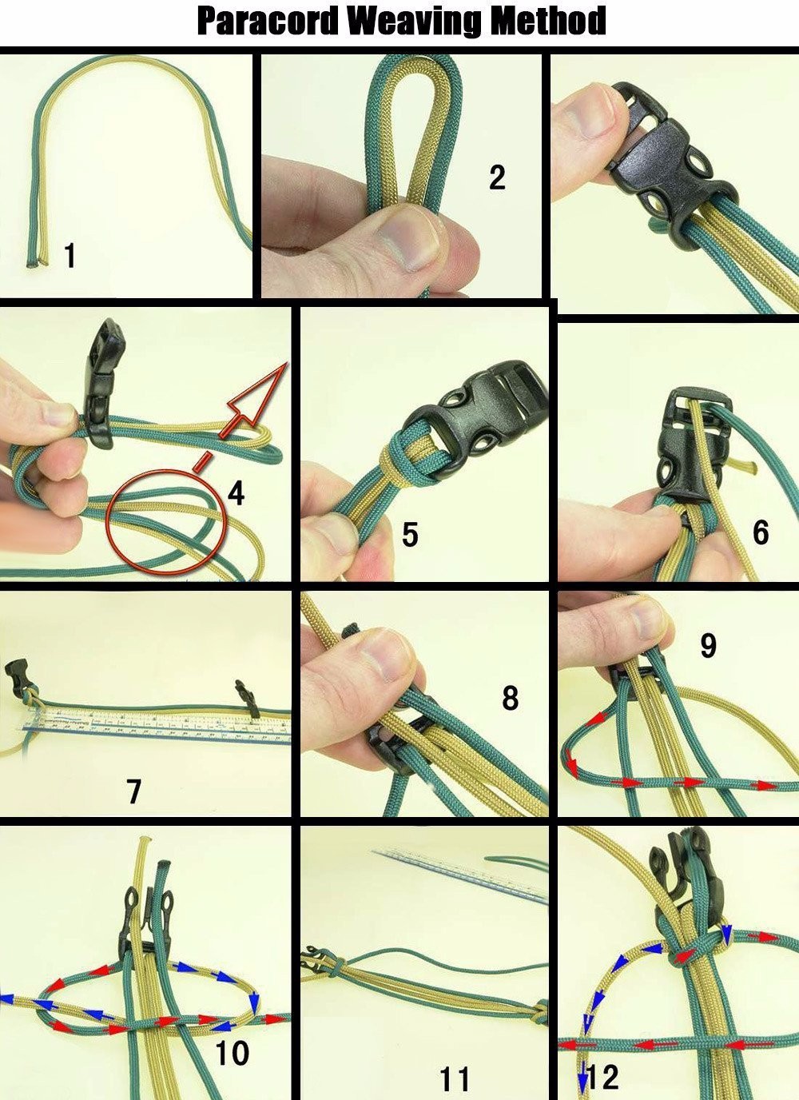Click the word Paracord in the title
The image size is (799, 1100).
coord(268,21)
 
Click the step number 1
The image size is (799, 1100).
coord(70,255)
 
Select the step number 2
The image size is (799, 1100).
coord(497,177)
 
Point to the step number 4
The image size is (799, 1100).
coord(236,493)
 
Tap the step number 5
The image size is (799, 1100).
coord(410,534)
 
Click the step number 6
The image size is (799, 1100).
coord(761,532)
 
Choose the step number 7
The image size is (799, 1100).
coord(133,791)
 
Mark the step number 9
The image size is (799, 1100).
coord(708,645)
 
